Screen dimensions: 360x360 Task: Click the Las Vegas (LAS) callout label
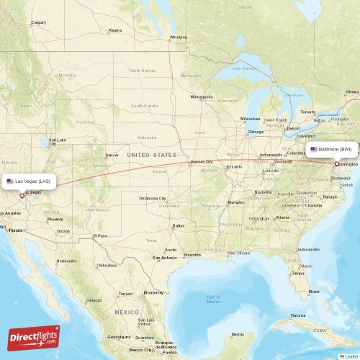tap(28, 181)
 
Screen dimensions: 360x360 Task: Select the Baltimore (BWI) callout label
tap(332, 149)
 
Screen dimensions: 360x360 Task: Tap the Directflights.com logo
tap(34, 337)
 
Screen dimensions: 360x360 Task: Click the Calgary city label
tap(37, 22)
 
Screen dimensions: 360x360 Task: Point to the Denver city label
tap(112, 155)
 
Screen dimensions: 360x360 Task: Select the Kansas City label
tap(202, 162)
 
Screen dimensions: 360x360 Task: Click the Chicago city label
tap(256, 132)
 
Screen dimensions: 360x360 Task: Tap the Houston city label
tap(192, 254)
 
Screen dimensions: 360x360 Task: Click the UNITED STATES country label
tap(151, 155)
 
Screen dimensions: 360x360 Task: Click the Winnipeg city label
tap(178, 37)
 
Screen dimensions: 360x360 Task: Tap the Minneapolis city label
tap(202, 96)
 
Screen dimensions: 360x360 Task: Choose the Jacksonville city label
tap(307, 249)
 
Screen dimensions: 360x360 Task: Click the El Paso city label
tap(100, 235)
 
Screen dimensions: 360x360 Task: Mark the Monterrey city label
tap(153, 292)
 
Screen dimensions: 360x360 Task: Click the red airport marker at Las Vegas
tap(22, 194)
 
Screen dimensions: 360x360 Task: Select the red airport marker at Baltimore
tap(336, 163)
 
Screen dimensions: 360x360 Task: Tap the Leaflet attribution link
tap(351, 356)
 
